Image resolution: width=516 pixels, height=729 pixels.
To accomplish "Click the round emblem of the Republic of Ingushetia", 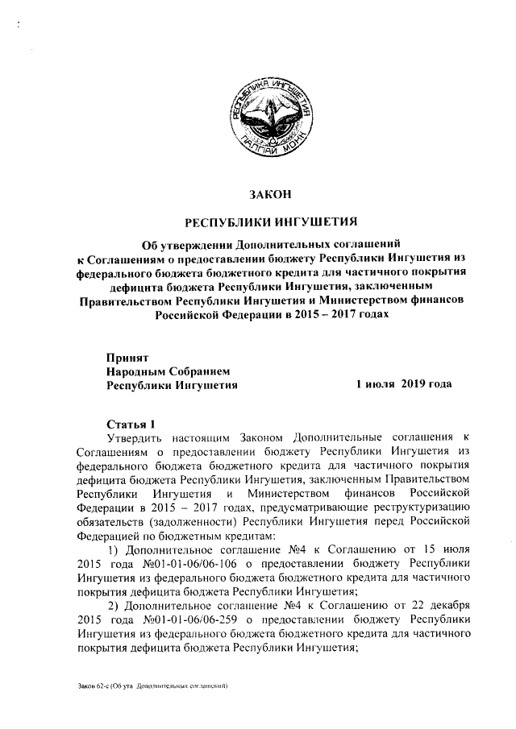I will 266,118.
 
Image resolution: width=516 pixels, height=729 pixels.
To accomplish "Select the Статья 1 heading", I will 130,424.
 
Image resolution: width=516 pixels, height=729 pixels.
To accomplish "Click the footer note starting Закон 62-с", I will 149,686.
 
